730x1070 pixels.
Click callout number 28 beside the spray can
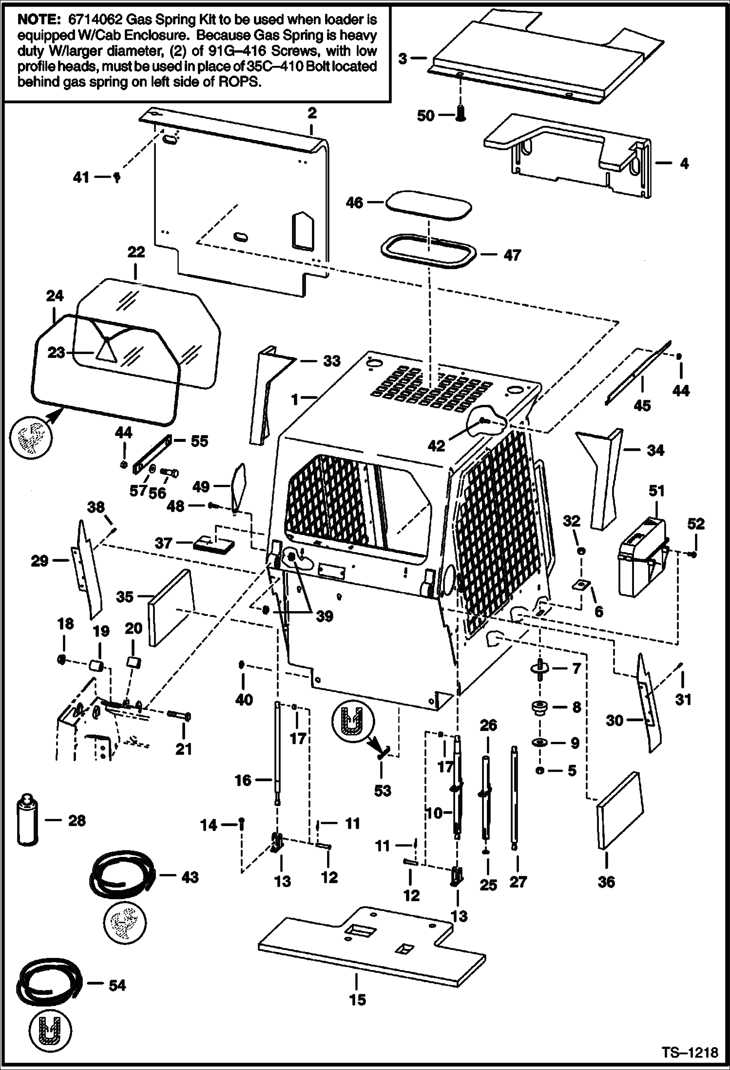pyautogui.click(x=77, y=821)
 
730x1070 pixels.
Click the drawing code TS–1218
pyautogui.click(x=690, y=1053)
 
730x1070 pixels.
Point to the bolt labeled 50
pyautogui.click(x=461, y=115)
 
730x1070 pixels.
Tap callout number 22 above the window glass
pyautogui.click(x=136, y=252)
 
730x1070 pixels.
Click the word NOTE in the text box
pyautogui.click(x=36, y=20)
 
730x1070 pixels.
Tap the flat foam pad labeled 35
pyautogui.click(x=171, y=607)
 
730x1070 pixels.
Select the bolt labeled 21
pyautogui.click(x=178, y=716)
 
